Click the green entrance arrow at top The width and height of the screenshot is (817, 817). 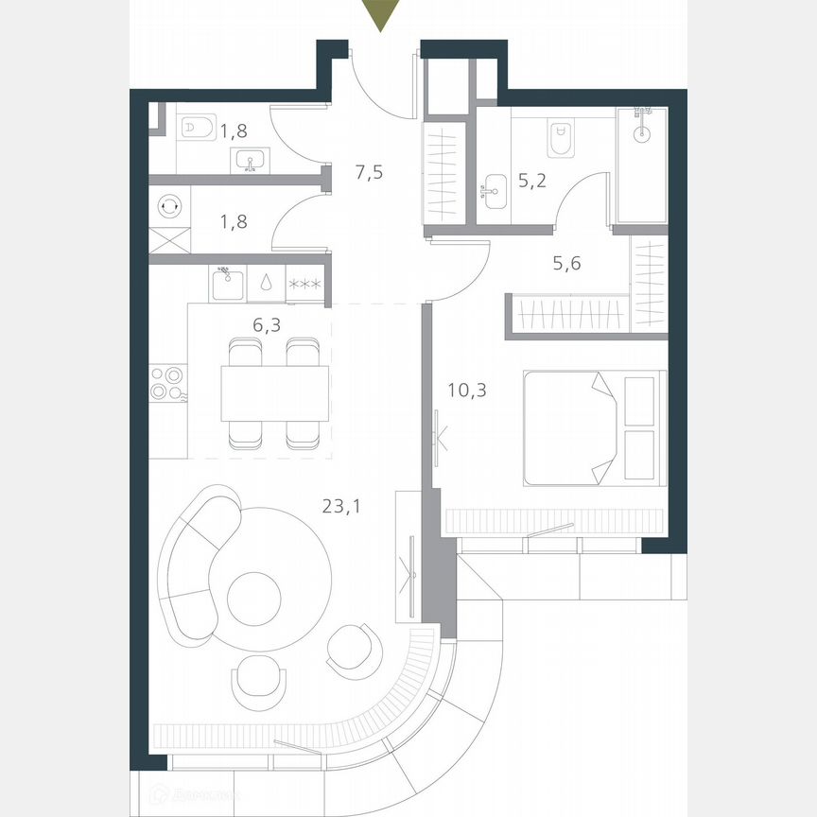pyautogui.click(x=379, y=15)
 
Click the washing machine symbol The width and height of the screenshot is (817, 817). pyautogui.click(x=170, y=204)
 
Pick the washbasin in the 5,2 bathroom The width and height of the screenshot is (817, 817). pyautogui.click(x=495, y=194)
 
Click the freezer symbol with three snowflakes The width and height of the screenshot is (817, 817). pyautogui.click(x=305, y=284)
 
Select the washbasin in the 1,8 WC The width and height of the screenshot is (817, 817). pyautogui.click(x=251, y=162)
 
